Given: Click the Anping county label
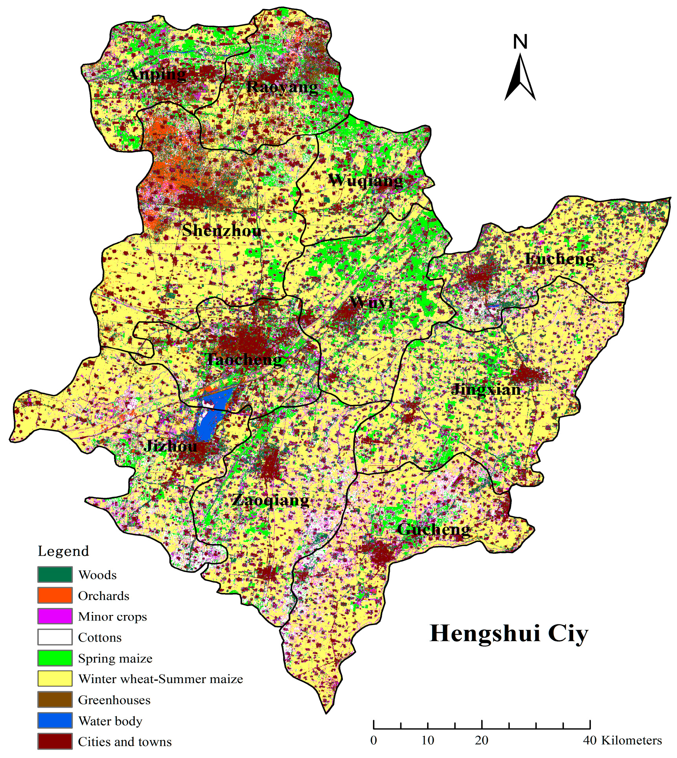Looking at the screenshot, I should click(x=156, y=74).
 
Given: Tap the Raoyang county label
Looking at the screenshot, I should click(x=282, y=87).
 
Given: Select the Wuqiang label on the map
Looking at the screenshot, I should click(x=365, y=181).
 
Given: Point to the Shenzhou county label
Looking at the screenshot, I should click(x=221, y=230).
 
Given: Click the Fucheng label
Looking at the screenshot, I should click(x=559, y=259).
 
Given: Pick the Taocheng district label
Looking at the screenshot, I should click(x=244, y=359).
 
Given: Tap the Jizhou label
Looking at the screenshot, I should click(x=170, y=446).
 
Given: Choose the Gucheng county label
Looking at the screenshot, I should click(x=433, y=529).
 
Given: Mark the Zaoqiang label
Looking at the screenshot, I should click(x=270, y=500).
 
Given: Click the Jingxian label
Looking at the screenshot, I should click(x=486, y=390).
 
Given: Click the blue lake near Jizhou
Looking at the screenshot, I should click(x=212, y=415).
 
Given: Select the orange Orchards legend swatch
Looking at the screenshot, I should click(x=55, y=595).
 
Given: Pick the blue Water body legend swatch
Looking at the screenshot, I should click(x=55, y=720).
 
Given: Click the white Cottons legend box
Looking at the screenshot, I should click(x=55, y=637).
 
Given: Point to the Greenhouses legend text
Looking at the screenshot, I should click(x=114, y=700).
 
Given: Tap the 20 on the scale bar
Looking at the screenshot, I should click(x=482, y=740).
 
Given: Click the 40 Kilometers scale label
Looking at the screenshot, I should click(x=622, y=740).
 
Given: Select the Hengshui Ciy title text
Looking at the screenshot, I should click(x=509, y=633).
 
